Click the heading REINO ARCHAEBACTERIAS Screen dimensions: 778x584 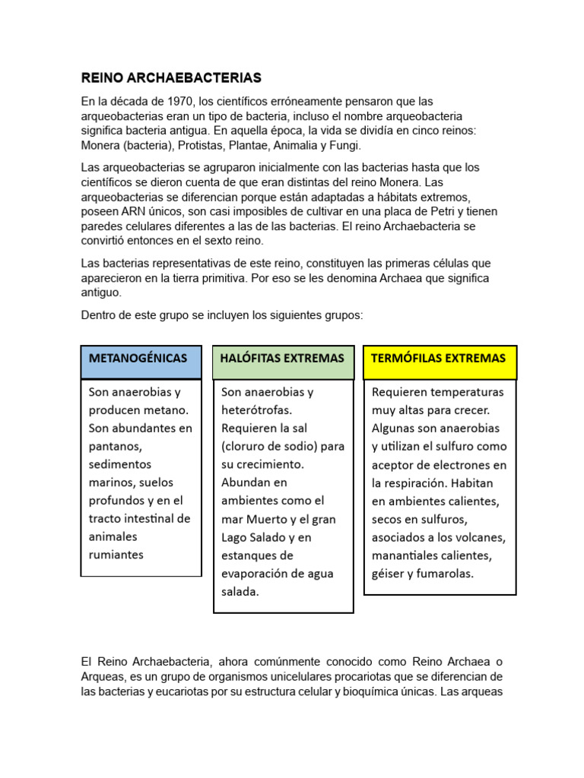171,77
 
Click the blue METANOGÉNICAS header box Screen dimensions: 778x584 141,358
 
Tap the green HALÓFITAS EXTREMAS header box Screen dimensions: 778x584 282,358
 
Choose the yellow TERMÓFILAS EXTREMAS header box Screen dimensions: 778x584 440,358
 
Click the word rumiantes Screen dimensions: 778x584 116,555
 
